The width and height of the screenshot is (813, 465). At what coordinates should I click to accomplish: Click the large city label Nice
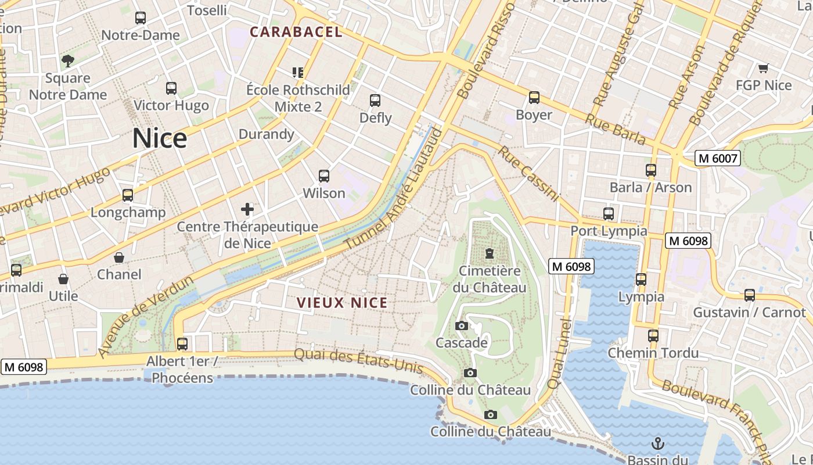coord(160,138)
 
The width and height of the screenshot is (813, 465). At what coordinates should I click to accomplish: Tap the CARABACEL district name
coord(296,32)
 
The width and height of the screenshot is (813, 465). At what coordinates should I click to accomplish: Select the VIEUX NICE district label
coord(342,303)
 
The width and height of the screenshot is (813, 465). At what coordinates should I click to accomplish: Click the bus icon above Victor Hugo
coord(171,88)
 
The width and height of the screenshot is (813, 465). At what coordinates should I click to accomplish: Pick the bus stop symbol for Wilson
coord(324,176)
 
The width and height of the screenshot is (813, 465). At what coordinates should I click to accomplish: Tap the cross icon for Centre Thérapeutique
coord(247,209)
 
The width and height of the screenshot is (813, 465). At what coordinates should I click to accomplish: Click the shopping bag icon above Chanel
coord(119,257)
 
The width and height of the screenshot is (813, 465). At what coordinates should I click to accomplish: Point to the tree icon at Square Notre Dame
coord(68,60)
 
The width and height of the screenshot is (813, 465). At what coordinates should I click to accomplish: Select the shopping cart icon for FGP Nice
coord(764,68)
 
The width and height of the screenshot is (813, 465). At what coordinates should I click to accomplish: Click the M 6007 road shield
coord(718,158)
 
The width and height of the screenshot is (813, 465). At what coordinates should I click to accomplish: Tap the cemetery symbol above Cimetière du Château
coord(490,253)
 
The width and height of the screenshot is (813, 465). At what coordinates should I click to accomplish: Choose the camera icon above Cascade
coord(462,325)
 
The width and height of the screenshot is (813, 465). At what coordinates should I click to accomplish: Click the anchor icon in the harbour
coord(657,443)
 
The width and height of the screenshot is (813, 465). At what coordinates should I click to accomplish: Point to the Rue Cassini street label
coord(528,173)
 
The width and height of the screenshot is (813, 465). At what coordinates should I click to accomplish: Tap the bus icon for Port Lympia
coord(609,214)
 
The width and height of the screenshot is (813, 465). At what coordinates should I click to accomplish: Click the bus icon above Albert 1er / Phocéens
coord(182,344)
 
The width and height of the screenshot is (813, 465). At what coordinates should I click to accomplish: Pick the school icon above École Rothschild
coord(298,73)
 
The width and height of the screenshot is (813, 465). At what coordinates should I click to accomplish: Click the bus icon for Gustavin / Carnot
coord(750,295)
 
